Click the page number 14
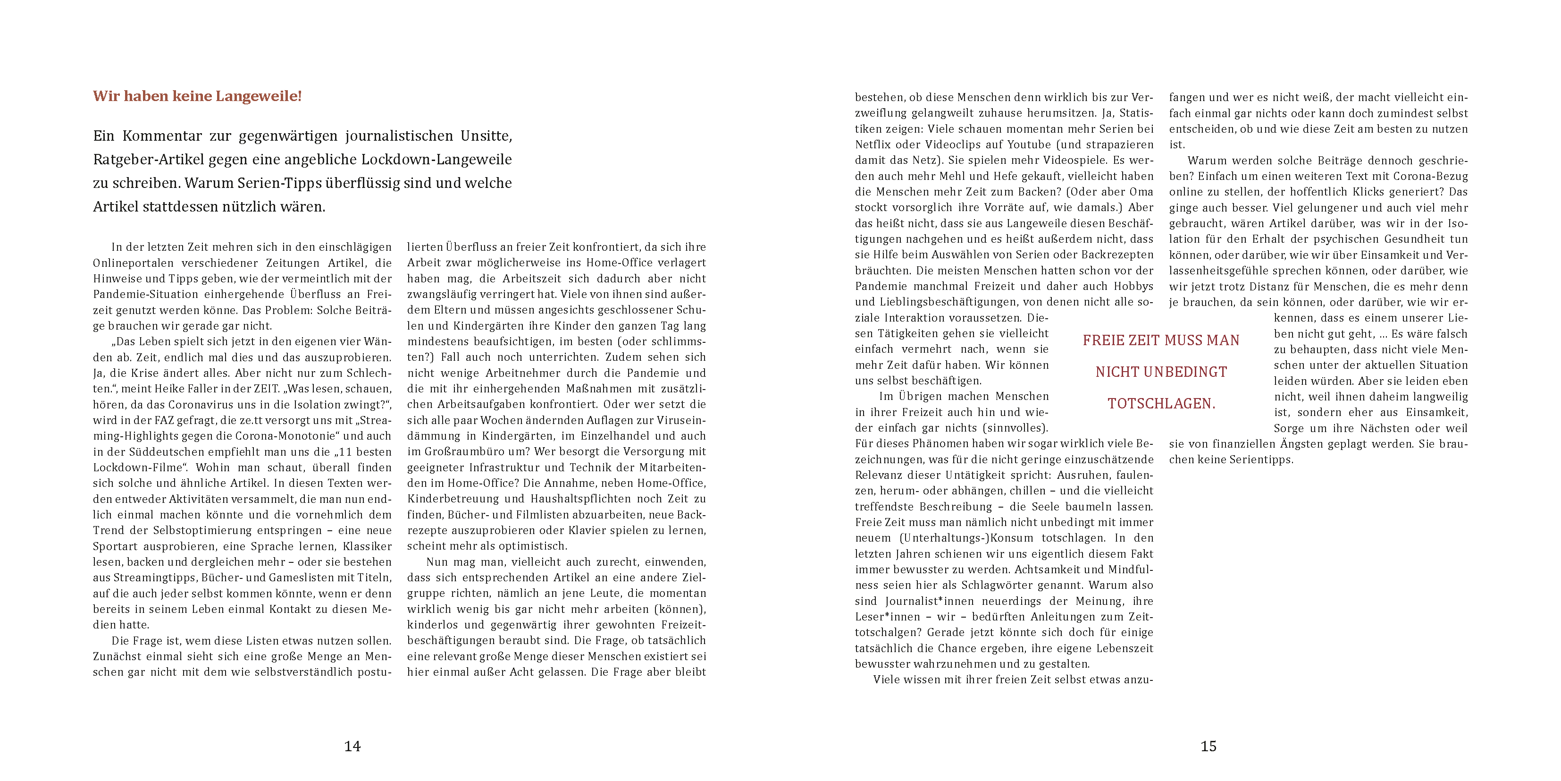click(352, 747)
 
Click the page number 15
click(1209, 747)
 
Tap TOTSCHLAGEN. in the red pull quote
click(1161, 404)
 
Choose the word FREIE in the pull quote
click(1104, 341)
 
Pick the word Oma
click(1140, 192)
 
